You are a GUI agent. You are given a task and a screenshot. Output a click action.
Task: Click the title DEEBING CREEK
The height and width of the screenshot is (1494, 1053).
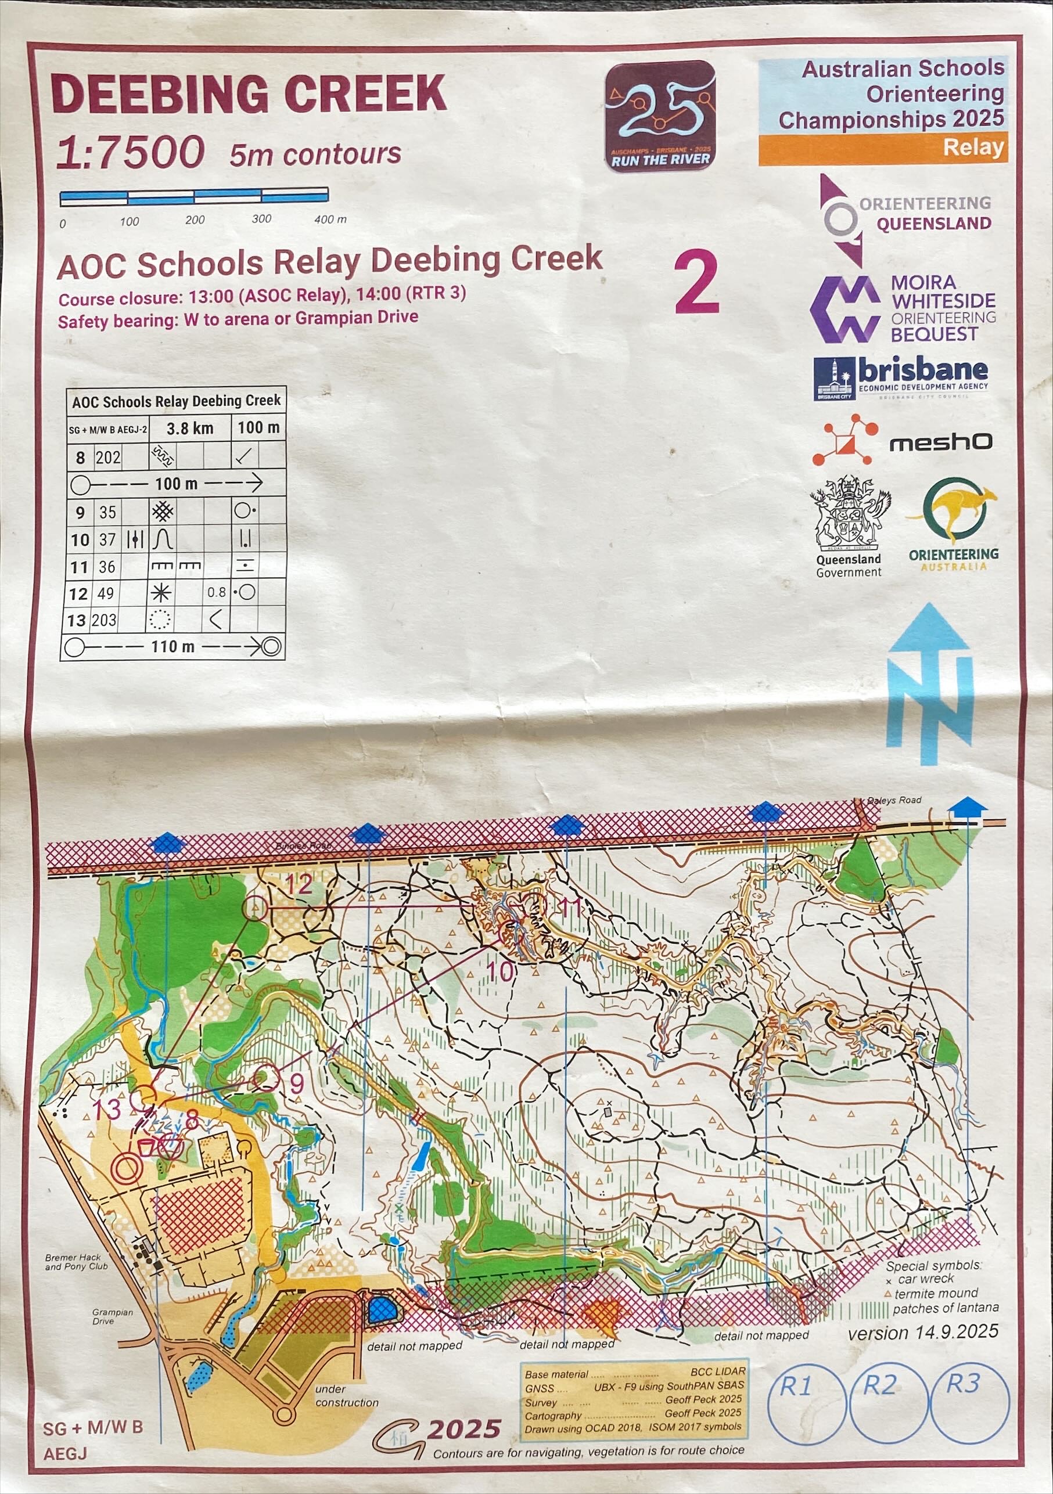point(249,94)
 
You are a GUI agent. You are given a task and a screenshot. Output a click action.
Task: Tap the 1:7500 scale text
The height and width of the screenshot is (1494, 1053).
point(130,153)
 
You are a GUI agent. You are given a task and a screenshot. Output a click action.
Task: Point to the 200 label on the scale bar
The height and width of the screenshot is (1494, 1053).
point(195,220)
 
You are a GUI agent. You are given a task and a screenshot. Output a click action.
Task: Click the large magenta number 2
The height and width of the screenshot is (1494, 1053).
point(696,283)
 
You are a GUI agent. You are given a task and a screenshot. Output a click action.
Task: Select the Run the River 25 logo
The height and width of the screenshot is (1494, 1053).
point(660,115)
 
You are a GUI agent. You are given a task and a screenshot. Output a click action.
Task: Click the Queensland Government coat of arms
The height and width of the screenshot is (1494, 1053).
point(849,514)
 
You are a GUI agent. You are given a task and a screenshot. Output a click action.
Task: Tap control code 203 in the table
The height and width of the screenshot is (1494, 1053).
point(104,620)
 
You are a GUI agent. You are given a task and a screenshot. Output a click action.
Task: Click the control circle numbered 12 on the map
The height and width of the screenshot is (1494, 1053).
point(255,908)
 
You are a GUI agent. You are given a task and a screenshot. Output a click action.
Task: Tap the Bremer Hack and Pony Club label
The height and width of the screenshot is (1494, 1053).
point(76,1262)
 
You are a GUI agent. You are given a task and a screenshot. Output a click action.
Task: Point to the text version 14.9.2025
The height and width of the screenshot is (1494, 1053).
point(922,1332)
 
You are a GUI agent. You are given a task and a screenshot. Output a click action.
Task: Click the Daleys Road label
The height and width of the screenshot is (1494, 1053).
point(894,800)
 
